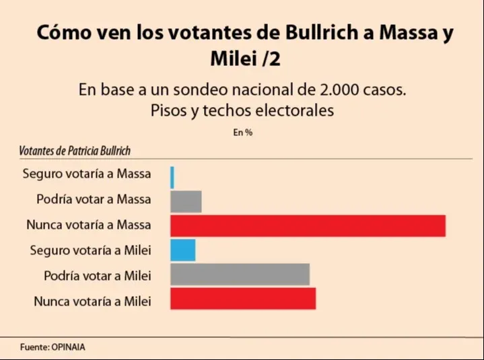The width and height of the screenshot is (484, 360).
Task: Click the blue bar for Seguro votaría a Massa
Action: click(x=172, y=177)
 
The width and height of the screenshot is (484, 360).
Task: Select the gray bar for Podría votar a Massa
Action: click(x=186, y=201)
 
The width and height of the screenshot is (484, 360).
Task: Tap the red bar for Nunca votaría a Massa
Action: click(x=308, y=225)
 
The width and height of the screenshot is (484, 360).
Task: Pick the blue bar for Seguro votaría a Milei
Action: click(x=182, y=250)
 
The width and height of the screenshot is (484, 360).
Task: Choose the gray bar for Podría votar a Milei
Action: click(x=240, y=275)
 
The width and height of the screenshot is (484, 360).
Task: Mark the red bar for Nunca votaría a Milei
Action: click(x=243, y=299)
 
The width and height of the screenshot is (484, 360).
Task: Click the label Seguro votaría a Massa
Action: click(x=87, y=174)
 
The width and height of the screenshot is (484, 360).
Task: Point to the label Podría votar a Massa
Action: click(x=94, y=199)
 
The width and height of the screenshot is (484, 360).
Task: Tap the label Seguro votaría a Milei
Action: click(x=90, y=250)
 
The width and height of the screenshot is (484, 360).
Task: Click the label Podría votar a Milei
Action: click(x=97, y=275)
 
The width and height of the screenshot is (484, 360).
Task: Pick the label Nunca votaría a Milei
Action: click(x=92, y=301)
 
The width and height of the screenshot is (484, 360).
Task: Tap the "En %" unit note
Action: click(x=242, y=133)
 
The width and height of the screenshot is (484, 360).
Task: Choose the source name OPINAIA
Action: click(x=67, y=347)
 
